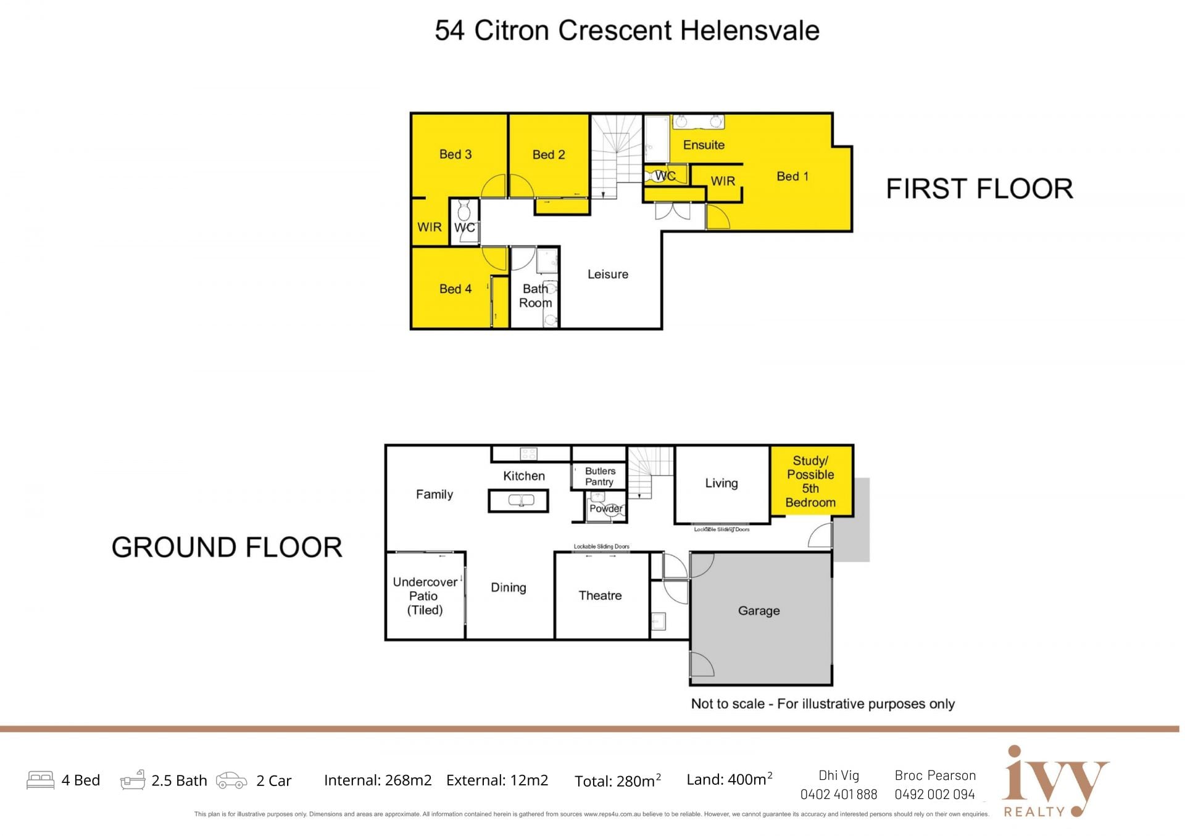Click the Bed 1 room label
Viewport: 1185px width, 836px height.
pos(792,176)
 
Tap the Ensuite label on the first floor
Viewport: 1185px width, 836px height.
pos(704,145)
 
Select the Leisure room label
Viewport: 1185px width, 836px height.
pos(608,275)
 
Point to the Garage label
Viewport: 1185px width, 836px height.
pos(759,611)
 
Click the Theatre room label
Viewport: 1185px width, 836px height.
pos(600,595)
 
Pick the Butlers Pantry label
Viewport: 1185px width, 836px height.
pos(600,476)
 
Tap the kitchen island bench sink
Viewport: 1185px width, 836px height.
pos(522,500)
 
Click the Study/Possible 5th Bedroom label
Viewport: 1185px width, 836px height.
pos(810,481)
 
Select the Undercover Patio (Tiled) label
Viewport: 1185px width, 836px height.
pos(425,596)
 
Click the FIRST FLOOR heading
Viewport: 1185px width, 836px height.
pos(979,189)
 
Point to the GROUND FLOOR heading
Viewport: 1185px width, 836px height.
pos(227,547)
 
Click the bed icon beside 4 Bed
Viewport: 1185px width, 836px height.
pos(41,780)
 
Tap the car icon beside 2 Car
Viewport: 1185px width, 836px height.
pos(231,780)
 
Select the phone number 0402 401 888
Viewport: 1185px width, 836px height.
pos(838,795)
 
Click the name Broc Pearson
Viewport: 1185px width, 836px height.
pos(935,776)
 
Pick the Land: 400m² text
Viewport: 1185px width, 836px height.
pos(730,779)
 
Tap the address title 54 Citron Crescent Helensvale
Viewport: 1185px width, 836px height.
pos(627,30)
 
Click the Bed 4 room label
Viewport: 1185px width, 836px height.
pos(455,289)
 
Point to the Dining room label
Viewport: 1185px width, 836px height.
pos(509,588)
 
